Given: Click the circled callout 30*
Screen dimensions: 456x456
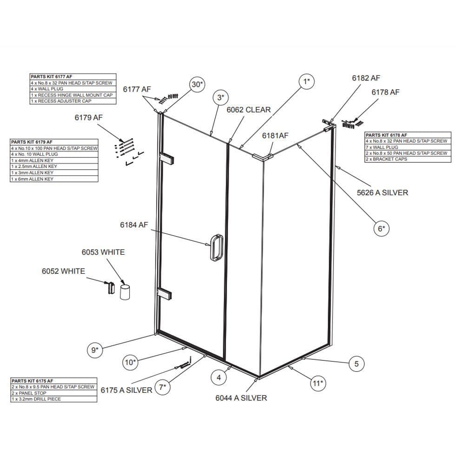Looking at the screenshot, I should point(197,84).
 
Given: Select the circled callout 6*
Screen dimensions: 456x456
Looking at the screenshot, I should point(381,228).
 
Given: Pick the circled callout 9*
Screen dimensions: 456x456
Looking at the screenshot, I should point(95,350).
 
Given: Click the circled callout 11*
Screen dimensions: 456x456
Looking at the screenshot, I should point(317,383).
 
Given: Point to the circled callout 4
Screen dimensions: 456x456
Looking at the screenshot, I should point(219,377).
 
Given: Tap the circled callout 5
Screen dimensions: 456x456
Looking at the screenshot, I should point(357,363).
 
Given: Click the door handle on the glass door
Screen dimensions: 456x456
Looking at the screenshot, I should point(216,248).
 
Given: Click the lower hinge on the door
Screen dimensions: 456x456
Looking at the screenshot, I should point(166,294).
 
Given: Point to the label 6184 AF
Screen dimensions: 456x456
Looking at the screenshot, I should point(134,225).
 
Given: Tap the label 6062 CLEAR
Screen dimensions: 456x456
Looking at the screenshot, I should point(248,110).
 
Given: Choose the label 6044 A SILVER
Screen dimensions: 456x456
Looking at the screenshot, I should point(241,398).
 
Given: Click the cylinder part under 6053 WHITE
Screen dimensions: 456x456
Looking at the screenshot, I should point(124,293).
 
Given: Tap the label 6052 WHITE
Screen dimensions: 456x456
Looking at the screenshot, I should point(63,271).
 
